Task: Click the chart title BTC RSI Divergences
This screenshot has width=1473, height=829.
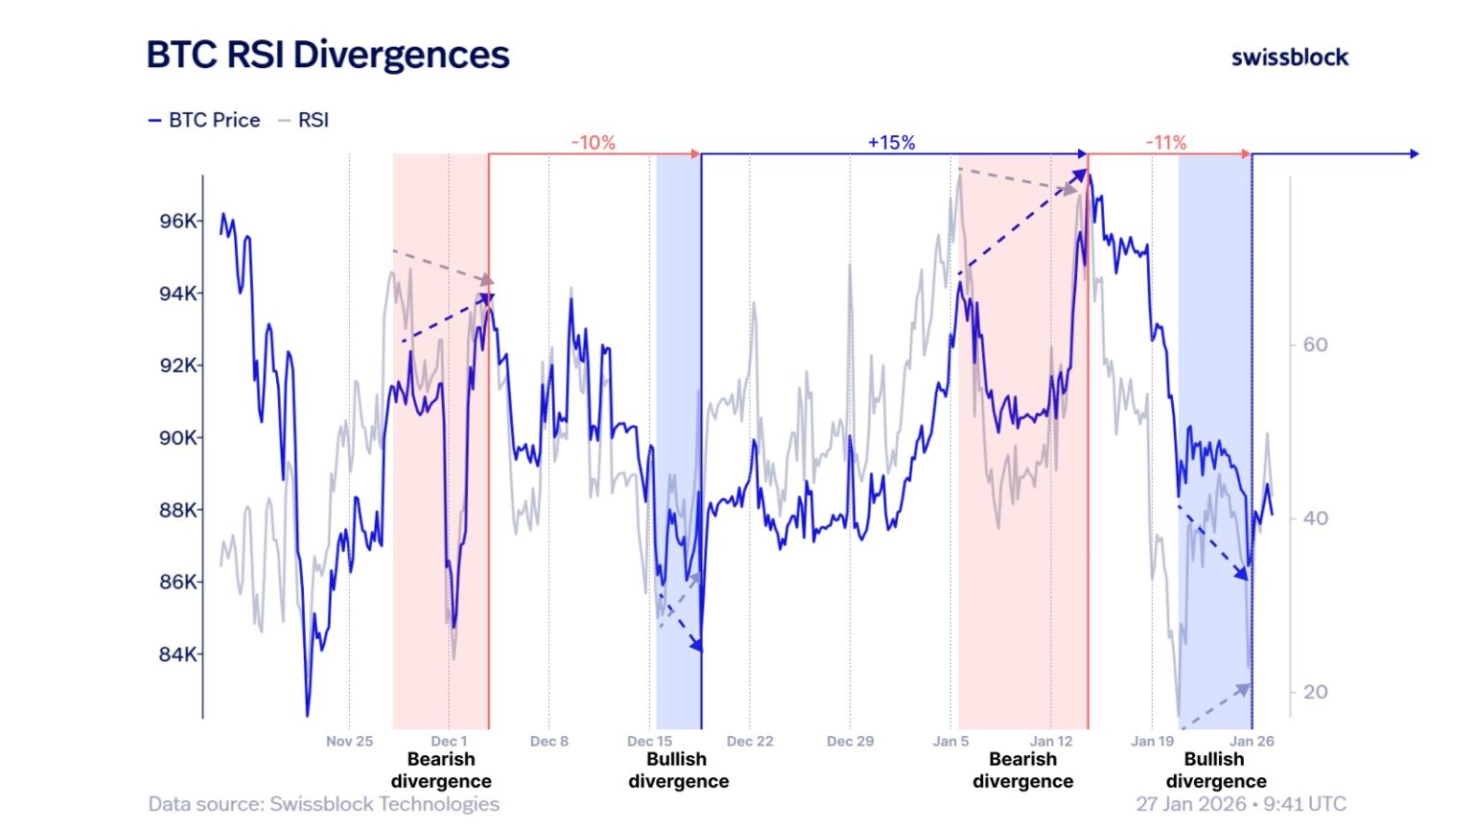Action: point(327,55)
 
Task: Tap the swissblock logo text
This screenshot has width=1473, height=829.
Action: point(1289,58)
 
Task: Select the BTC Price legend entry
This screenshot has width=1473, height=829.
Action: point(204,120)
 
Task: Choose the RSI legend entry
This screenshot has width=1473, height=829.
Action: point(304,120)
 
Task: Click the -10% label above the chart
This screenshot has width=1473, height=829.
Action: point(593,143)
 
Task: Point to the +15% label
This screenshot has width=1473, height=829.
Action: point(891,143)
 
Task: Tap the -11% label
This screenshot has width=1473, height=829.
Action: point(1165,143)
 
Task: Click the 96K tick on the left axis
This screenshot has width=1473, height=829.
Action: point(177,221)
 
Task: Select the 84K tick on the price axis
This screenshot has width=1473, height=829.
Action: point(177,654)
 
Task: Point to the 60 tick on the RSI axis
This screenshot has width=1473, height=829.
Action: point(1315,344)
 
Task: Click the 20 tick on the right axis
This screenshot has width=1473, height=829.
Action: point(1315,692)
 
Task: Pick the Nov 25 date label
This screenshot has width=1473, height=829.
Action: point(349,741)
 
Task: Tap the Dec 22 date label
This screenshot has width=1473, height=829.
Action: point(750,741)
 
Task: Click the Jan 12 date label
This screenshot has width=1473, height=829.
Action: point(1051,741)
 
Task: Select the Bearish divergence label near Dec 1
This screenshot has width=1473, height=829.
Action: point(441,770)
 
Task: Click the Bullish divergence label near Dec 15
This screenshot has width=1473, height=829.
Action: point(678,770)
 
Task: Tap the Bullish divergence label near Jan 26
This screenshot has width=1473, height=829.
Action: point(1215,770)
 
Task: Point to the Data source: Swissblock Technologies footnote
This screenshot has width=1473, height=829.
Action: point(323,804)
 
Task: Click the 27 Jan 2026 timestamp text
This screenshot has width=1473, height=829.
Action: point(1240,804)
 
